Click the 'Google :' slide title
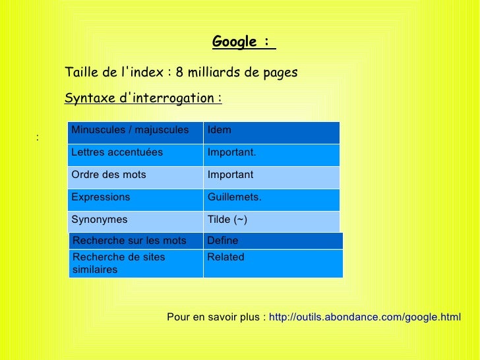pos(243,42)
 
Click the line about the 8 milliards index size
pos(181,72)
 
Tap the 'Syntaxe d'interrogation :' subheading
pos(143,98)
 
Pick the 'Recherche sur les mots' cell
pos(135,241)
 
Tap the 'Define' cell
pos(273,241)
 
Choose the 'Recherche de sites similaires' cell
pos(135,263)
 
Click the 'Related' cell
pos(273,263)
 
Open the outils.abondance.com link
pos(365,318)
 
